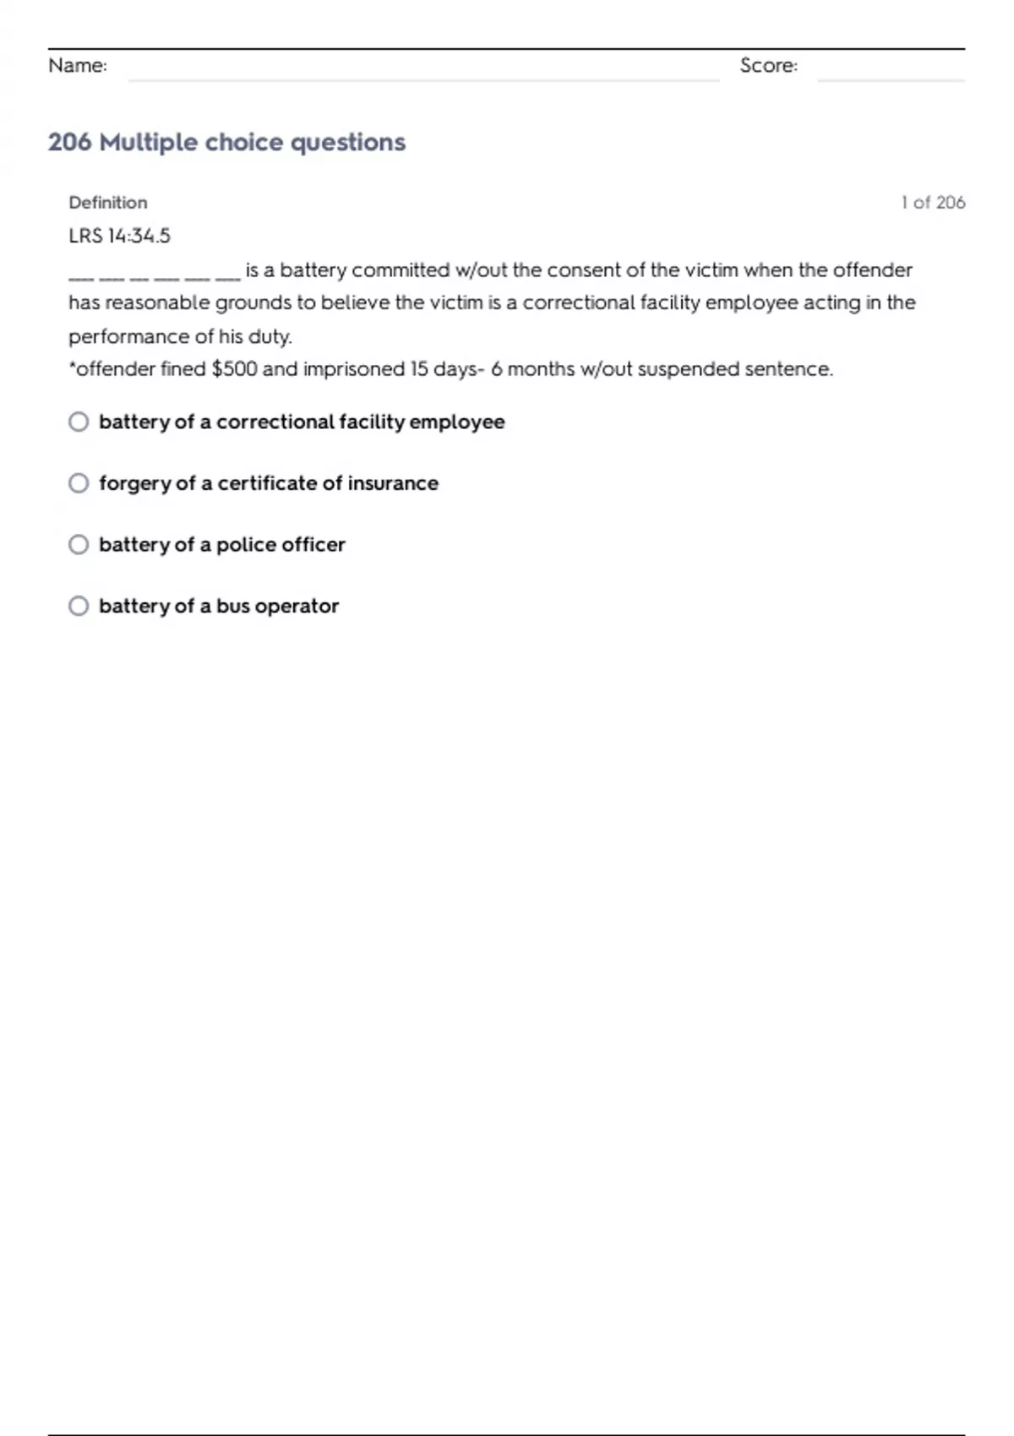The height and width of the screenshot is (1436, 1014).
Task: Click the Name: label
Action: [78, 66]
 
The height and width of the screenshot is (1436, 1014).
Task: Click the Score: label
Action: [768, 66]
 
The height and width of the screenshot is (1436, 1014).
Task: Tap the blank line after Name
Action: [422, 74]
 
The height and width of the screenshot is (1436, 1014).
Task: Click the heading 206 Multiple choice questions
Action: [226, 142]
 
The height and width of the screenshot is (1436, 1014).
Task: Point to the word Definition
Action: [108, 203]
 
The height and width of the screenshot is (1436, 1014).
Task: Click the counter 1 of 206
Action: [933, 203]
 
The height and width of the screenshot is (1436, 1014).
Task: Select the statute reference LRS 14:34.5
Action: [119, 237]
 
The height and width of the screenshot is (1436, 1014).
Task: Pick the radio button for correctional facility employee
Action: [79, 422]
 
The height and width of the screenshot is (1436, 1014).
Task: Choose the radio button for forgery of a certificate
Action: [79, 483]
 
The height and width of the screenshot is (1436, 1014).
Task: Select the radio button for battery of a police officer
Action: [79, 545]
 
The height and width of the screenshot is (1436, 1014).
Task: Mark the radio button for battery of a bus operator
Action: [79, 606]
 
